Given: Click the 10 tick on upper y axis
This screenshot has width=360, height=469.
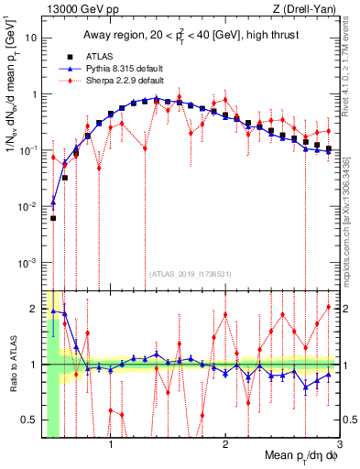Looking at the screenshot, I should pyautogui.click(x=31, y=38).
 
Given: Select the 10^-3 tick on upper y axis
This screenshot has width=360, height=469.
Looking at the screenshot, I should pyautogui.click(x=27, y=263).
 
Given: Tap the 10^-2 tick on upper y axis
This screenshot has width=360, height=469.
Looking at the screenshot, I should pyautogui.click(x=27, y=207).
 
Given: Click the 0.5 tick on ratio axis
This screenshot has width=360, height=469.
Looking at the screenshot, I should pyautogui.click(x=29, y=420).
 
